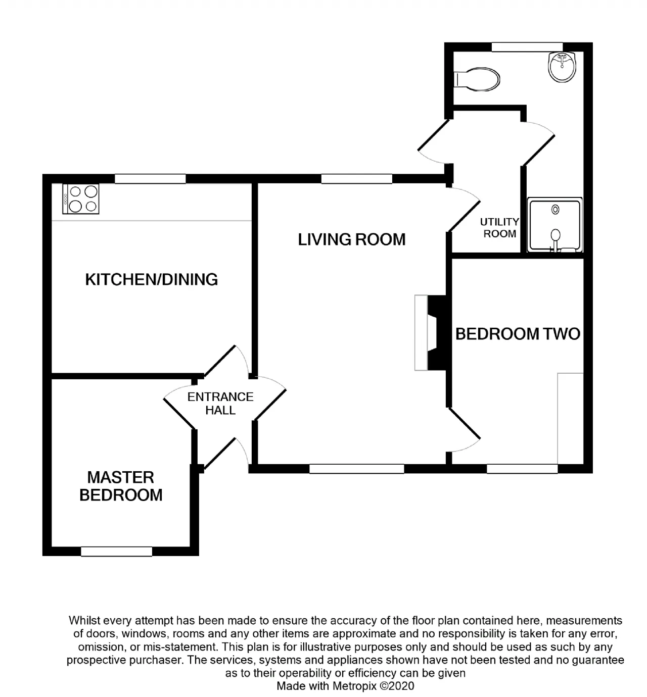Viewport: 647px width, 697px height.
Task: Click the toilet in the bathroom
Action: click(x=477, y=80)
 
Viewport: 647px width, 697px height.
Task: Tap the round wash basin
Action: click(x=562, y=67)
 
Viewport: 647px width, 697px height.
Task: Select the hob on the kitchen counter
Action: click(x=81, y=198)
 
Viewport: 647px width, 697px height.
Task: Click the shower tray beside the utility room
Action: click(x=555, y=225)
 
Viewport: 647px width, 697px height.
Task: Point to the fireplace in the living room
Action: click(x=430, y=332)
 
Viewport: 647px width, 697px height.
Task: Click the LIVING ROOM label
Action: click(x=352, y=240)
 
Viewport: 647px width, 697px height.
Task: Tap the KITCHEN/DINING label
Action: click(x=152, y=280)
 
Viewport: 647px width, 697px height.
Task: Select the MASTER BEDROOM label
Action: click(x=121, y=486)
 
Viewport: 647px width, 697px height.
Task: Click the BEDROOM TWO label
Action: click(x=518, y=334)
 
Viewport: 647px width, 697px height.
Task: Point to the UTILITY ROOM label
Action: click(x=499, y=228)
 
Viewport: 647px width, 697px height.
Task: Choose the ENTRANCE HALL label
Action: click(x=220, y=403)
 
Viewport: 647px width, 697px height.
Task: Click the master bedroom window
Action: click(x=117, y=552)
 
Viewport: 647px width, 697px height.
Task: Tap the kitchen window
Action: click(x=150, y=179)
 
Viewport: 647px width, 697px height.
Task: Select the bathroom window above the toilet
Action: click(x=527, y=47)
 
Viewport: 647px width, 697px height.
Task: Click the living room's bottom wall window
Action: click(x=357, y=469)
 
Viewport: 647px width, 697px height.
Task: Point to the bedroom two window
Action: click(x=522, y=469)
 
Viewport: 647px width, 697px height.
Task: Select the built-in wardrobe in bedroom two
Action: click(x=571, y=418)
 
